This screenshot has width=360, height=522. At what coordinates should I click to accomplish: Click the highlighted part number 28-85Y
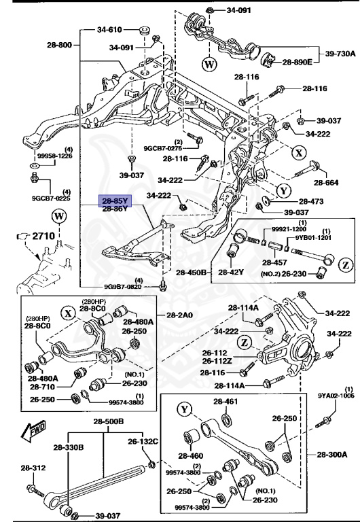tap(115, 201)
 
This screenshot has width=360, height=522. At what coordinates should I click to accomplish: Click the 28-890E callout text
tap(297, 62)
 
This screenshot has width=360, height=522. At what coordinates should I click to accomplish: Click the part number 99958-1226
tap(50, 155)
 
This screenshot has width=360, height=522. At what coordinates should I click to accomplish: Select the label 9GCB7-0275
tap(163, 147)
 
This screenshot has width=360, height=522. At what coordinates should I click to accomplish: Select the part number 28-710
tap(42, 387)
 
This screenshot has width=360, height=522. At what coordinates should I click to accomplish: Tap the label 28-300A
tap(331, 454)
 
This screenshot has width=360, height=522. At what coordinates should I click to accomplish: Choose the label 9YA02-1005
tap(336, 394)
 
